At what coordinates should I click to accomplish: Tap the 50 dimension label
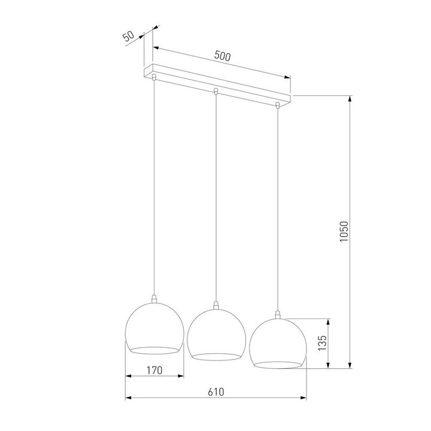[x=128, y=36]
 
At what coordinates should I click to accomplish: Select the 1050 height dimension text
[x=344, y=232]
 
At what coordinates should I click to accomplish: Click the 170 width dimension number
[x=154, y=371]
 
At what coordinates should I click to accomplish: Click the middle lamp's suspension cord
[x=215, y=198]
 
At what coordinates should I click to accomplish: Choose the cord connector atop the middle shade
[x=215, y=305]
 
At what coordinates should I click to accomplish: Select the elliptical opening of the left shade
[x=154, y=349]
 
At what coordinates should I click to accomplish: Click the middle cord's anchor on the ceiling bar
[x=215, y=92]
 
